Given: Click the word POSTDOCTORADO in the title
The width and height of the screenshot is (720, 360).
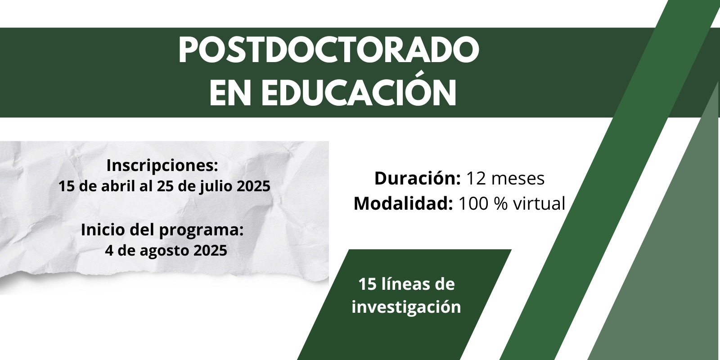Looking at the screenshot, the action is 329,50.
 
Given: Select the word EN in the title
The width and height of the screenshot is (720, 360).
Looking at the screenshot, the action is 230,93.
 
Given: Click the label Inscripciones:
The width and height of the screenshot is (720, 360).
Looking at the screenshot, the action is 162,166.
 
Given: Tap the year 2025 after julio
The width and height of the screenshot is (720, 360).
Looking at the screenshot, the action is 253,187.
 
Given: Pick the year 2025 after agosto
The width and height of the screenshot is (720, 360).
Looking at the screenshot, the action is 210,251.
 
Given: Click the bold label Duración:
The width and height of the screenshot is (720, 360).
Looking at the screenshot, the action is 418,178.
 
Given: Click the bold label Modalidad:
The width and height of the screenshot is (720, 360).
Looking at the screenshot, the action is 403,203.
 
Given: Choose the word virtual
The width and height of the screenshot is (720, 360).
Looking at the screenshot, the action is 539,203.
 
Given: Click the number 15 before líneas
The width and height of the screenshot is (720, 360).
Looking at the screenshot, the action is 367,284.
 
